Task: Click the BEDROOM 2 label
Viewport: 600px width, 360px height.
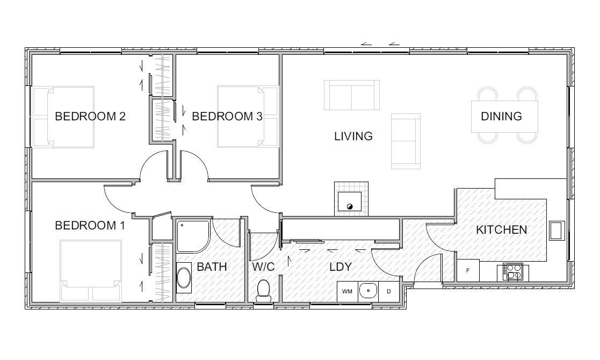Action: click(90, 116)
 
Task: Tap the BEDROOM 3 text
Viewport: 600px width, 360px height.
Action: click(227, 116)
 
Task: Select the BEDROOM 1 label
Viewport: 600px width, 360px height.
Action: click(90, 225)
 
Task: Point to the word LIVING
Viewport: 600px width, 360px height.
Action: click(353, 136)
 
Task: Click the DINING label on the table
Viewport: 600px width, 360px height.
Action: click(501, 116)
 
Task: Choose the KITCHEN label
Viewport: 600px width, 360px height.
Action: click(501, 229)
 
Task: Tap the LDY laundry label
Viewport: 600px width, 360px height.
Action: click(340, 267)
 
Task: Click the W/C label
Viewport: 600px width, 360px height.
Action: click(263, 267)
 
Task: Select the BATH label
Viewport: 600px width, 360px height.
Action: click(212, 267)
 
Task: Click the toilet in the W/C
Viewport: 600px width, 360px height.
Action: click(264, 291)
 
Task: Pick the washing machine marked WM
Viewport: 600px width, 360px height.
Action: click(347, 291)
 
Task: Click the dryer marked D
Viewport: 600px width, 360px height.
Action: click(388, 291)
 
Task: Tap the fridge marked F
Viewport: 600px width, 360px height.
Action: click(468, 270)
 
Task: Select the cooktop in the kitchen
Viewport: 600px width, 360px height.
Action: click(513, 272)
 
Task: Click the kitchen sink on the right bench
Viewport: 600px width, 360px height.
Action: click(557, 231)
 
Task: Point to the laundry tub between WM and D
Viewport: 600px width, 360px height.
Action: click(368, 291)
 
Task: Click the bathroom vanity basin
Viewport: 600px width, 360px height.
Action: click(184, 278)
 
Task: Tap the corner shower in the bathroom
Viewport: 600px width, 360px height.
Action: click(193, 236)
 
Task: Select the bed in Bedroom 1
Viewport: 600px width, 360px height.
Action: click(91, 270)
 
